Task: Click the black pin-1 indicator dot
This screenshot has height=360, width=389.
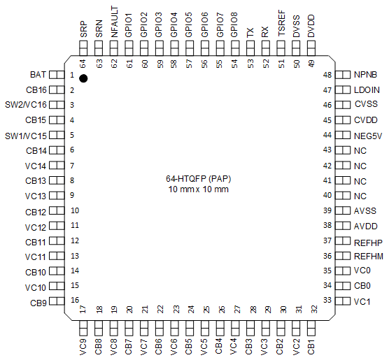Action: [83, 78]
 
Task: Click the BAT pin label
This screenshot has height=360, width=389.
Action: [38, 74]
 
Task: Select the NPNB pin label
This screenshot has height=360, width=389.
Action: [366, 74]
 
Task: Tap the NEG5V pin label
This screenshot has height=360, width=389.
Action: [368, 135]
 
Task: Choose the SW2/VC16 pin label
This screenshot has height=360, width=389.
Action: [27, 105]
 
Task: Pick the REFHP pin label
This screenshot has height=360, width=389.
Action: [368, 241]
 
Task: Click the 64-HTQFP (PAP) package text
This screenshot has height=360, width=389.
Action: [194, 179]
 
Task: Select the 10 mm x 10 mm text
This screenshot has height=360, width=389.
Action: [194, 189]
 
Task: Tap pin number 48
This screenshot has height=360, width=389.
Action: [327, 75]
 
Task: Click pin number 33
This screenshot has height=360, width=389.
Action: [327, 301]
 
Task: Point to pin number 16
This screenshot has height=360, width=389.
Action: [74, 301]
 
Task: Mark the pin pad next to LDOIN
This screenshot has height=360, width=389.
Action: [343, 89]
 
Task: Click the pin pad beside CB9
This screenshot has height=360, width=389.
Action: [57, 302]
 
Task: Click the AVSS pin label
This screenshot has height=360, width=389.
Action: [365, 210]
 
